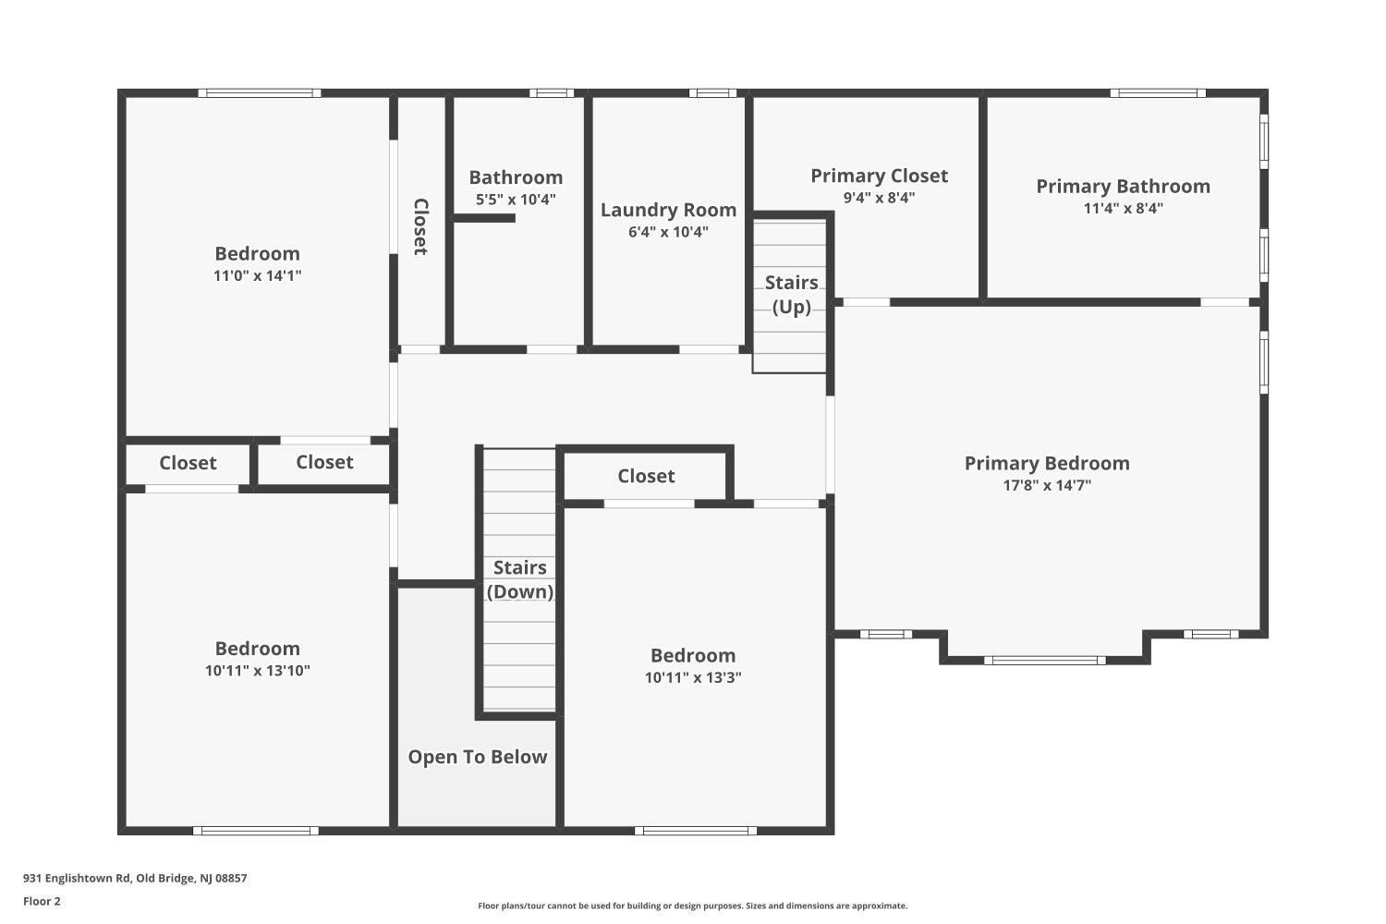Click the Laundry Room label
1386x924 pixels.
coord(668,211)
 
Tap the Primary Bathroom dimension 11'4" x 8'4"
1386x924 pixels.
coord(1123,209)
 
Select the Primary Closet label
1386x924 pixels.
coord(879,176)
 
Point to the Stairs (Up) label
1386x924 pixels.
coord(792,294)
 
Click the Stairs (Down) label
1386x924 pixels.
coord(520,579)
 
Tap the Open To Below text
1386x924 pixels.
coord(478,757)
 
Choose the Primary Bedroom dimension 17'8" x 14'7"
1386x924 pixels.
coord(1047,485)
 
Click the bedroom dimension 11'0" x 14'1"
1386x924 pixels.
coord(257,275)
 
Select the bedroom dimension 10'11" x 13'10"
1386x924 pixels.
coord(257,671)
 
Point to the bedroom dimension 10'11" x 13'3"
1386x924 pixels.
coord(693,677)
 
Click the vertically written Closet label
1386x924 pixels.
coord(420,226)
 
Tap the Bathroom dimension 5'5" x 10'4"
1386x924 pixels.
coord(516,200)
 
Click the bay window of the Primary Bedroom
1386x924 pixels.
coord(1045,660)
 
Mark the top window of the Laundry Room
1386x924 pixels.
coord(712,92)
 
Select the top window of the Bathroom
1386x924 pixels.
coord(552,92)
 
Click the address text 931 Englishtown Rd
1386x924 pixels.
coord(135,879)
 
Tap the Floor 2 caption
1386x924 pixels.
coord(42,901)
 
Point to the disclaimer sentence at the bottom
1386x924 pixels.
coord(692,906)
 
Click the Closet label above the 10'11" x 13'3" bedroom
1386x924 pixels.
coord(646,476)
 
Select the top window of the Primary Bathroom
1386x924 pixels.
coord(1158,92)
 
